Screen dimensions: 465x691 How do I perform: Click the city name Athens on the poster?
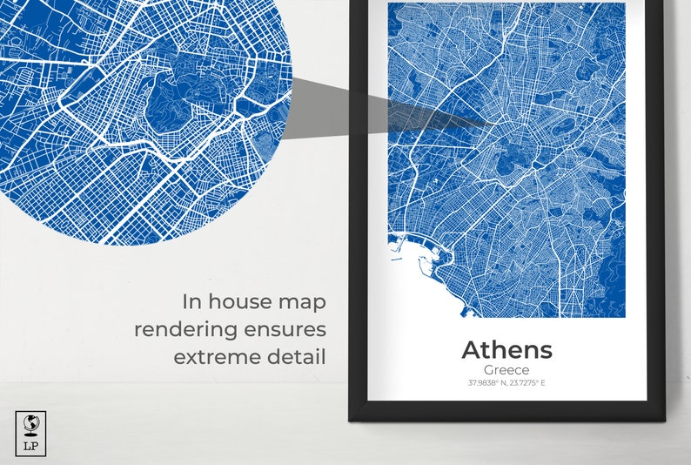pos(507,350)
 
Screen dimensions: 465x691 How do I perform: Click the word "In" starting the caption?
pos(191,302)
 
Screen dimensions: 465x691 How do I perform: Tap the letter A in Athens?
pos(473,350)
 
